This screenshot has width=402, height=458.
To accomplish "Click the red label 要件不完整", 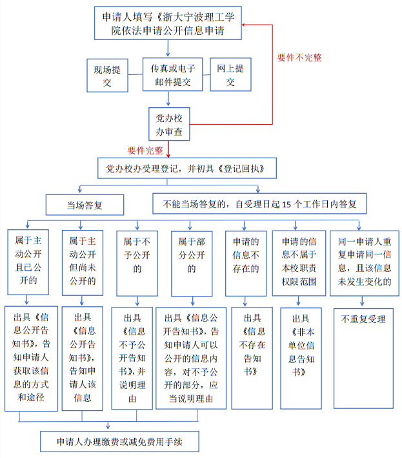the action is coord(299,57).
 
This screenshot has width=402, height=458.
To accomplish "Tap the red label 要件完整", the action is coord(145,151).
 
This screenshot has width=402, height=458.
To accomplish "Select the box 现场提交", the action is coord(107,76).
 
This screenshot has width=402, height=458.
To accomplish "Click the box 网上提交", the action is coord(230,74).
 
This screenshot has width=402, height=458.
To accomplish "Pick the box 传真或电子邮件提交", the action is coord(173,74).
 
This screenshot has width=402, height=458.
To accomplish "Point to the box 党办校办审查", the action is coord(169,124).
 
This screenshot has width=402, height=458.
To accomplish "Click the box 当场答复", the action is coord(85,205).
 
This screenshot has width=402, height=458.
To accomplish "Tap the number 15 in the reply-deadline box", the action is coord(286,204).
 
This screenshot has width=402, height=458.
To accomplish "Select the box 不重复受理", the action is coord(363,359).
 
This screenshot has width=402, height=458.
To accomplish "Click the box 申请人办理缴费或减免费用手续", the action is coord(119,442).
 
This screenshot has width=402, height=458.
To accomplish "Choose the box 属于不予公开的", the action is coord(137,264).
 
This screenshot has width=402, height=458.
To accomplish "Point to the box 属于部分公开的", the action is coord(192,264).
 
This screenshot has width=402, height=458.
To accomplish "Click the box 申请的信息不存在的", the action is coord(246,264).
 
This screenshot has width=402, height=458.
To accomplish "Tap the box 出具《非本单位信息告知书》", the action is coord(301,359).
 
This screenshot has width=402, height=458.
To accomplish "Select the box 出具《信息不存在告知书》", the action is coord(252,358).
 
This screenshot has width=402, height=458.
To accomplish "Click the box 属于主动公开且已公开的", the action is coord(28,262).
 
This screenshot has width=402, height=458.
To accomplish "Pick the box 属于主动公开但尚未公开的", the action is coord(83,263).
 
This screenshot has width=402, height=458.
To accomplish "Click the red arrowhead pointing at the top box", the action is coord(244,25).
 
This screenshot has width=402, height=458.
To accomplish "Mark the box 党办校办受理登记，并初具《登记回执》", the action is coord(187,168).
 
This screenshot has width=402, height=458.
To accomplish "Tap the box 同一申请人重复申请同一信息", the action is coord(365,263).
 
